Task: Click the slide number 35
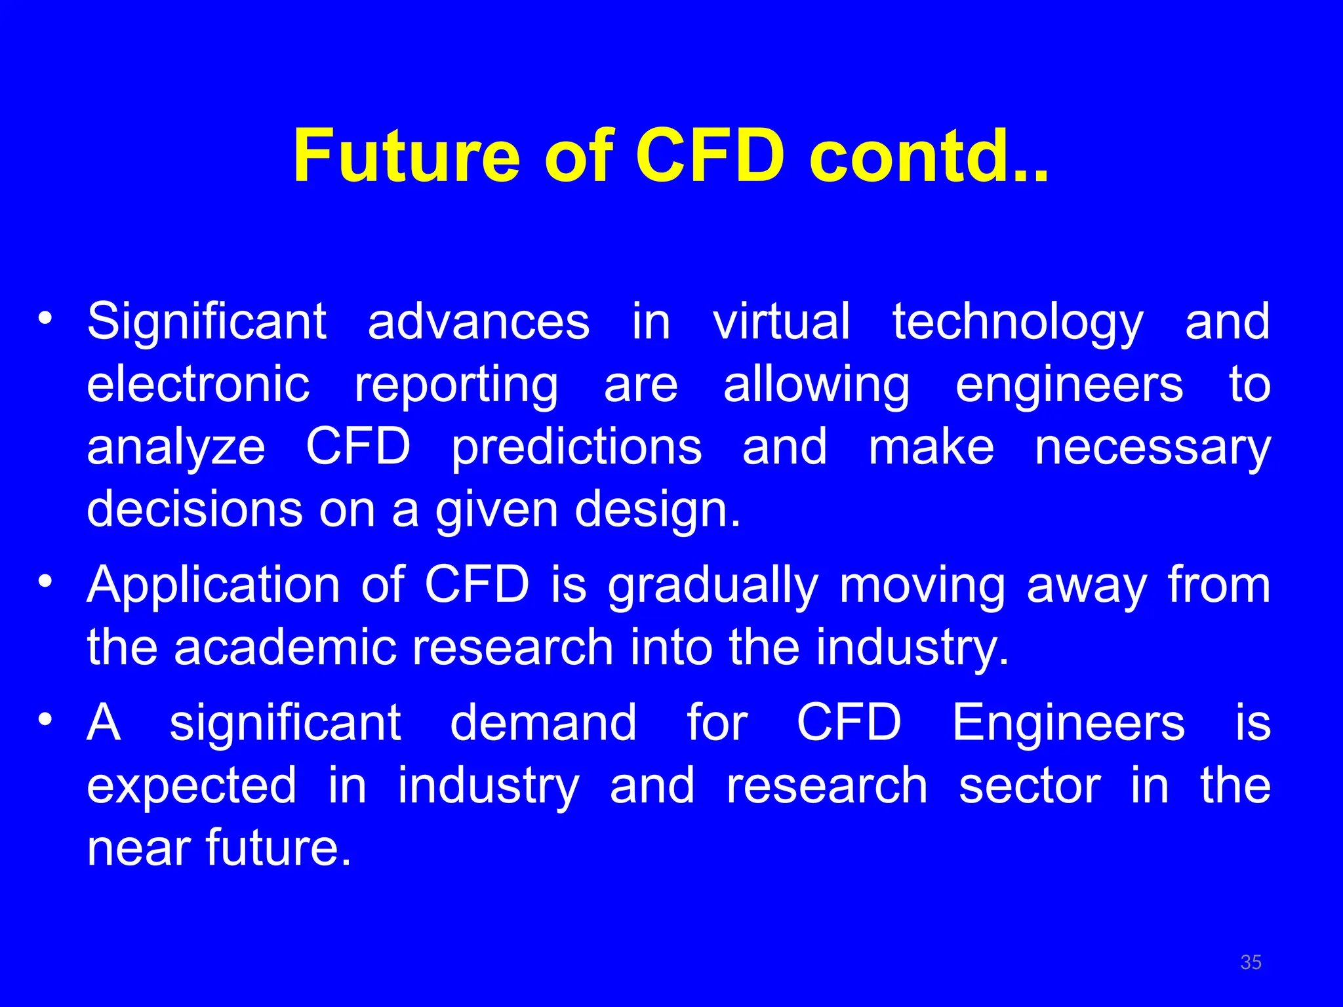point(1251,962)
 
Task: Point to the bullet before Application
point(45,582)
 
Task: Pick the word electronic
point(198,385)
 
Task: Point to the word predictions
point(576,449)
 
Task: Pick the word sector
point(1030,785)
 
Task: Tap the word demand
point(543,722)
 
